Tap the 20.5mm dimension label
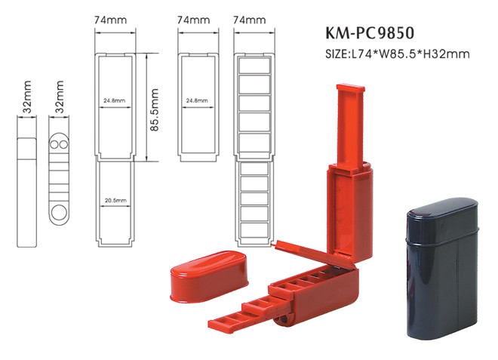(x=115, y=200)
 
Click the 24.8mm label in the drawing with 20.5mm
(x=115, y=99)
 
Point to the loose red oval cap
(x=204, y=269)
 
